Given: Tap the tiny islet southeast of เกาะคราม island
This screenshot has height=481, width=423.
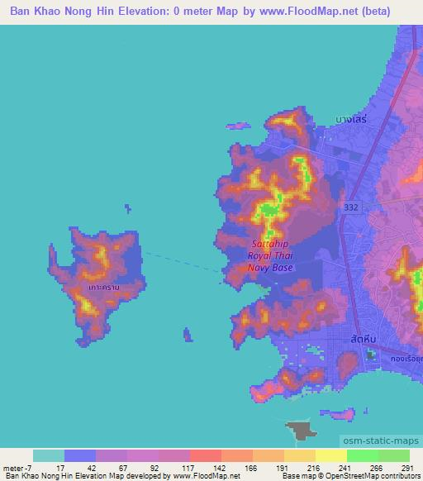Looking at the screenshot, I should [x=188, y=334].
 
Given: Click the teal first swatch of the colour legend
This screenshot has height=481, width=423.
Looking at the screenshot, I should [x=49, y=455].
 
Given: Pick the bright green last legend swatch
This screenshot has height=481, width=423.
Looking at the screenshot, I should [x=393, y=455].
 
